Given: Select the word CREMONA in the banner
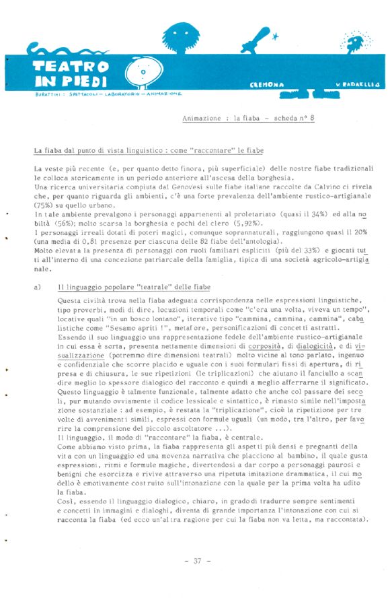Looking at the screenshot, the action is point(267,85).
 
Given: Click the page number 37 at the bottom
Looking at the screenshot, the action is point(197,560).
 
